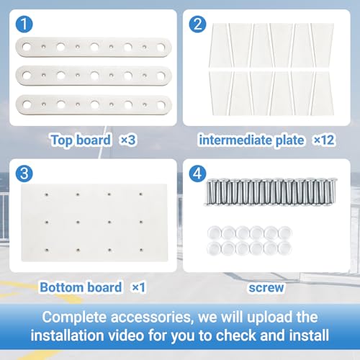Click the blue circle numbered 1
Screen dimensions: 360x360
pyautogui.click(x=24, y=24)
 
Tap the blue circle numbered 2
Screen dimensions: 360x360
pyautogui.click(x=197, y=24)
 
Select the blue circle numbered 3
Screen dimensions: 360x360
pyautogui.click(x=24, y=174)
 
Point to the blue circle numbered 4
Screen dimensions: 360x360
pyautogui.click(x=197, y=174)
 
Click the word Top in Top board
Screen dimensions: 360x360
pyautogui.click(x=62, y=140)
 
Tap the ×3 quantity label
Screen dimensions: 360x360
pyautogui.click(x=128, y=140)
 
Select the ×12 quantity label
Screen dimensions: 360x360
pyautogui.click(x=324, y=140)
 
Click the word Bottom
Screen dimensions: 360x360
pyautogui.click(x=60, y=287)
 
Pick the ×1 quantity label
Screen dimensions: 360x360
pyautogui.click(x=139, y=287)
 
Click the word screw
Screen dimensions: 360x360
pyautogui.click(x=266, y=288)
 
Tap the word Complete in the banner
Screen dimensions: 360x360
pyautogui.click(x=75, y=318)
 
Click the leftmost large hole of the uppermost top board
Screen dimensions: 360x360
pyautogui.click(x=27, y=47)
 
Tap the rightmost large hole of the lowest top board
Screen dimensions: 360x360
pyautogui.click(x=161, y=105)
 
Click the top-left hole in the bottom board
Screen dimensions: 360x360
pyautogui.click(x=47, y=194)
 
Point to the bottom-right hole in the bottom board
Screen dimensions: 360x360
pyautogui.click(x=141, y=250)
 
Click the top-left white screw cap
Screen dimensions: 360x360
pyautogui.click(x=214, y=233)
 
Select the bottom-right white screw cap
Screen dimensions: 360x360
pyautogui.click(x=285, y=248)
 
